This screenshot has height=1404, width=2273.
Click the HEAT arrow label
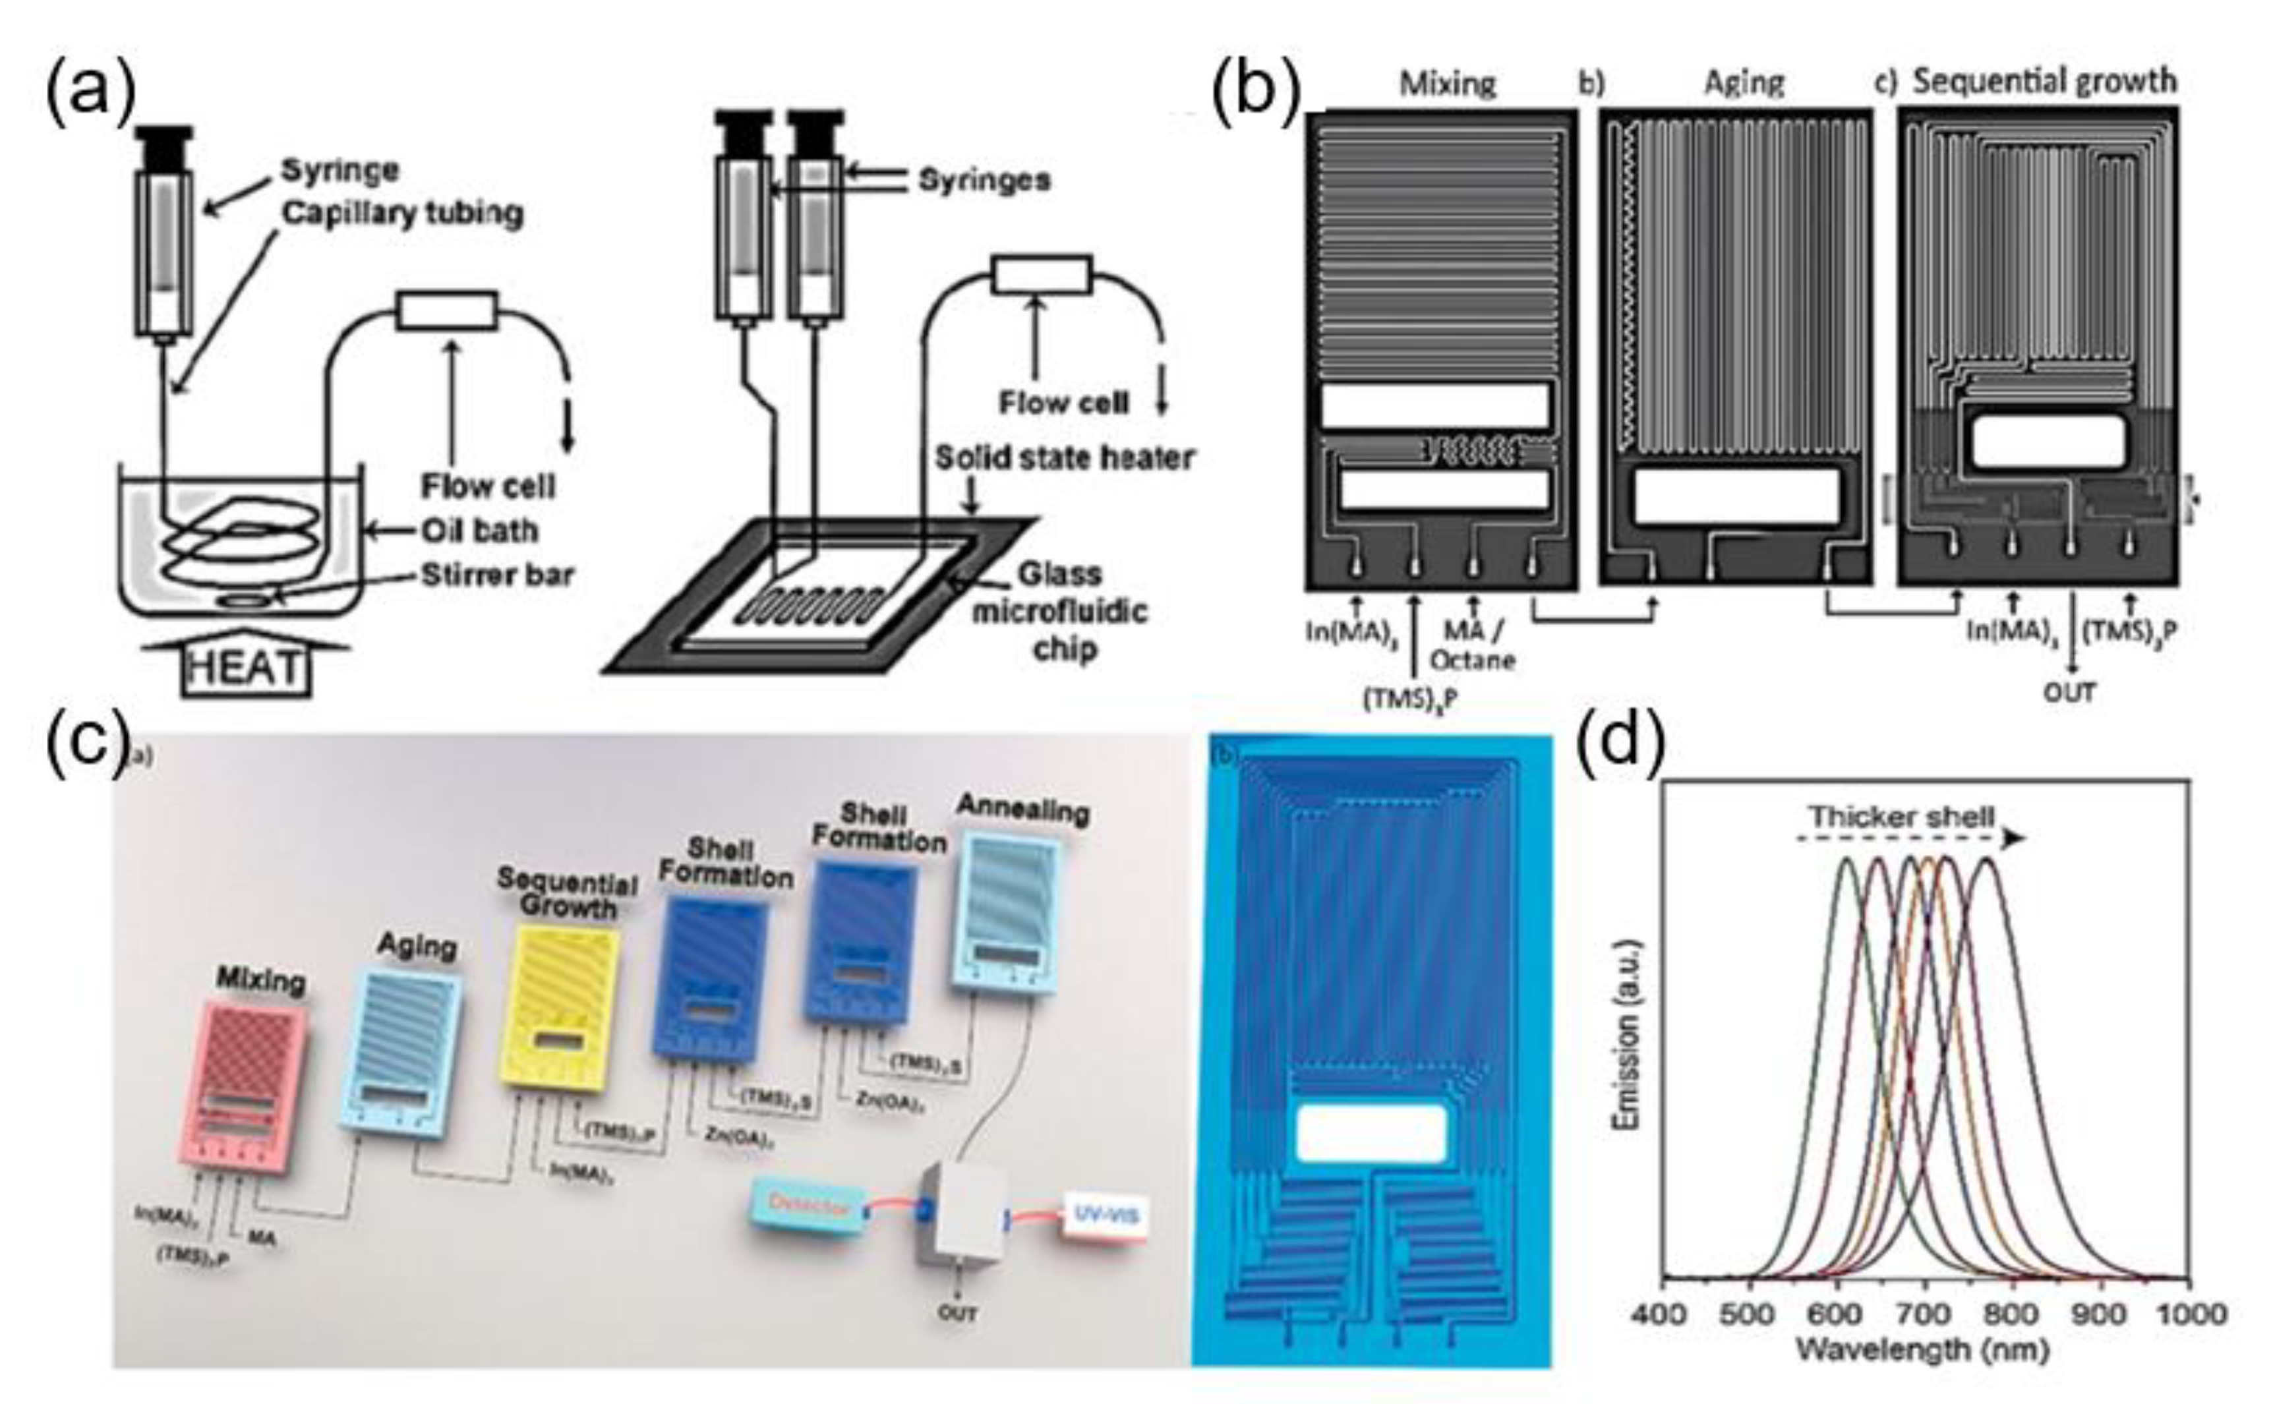point(245,666)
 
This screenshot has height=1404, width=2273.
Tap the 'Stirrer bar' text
point(498,575)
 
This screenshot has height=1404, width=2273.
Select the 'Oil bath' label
point(479,531)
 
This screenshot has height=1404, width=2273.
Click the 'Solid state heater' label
point(1064,458)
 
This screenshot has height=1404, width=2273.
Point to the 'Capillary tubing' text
point(402,214)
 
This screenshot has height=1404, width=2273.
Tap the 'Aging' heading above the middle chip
point(1743,84)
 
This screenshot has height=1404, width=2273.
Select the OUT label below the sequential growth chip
point(2070,693)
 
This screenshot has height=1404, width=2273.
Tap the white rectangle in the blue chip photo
point(1371,1134)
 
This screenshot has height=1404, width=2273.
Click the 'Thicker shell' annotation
point(1900,817)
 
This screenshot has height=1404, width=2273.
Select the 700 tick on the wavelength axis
point(1925,1314)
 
